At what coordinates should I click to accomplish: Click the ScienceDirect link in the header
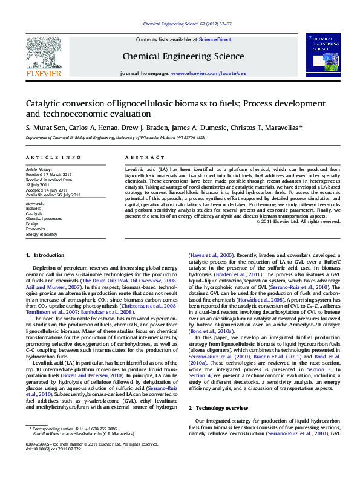(x=215, y=39)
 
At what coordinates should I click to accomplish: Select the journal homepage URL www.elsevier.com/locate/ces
(x=209, y=73)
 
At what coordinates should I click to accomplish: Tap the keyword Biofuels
(x=34, y=209)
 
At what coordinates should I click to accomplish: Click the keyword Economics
(x=36, y=229)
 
